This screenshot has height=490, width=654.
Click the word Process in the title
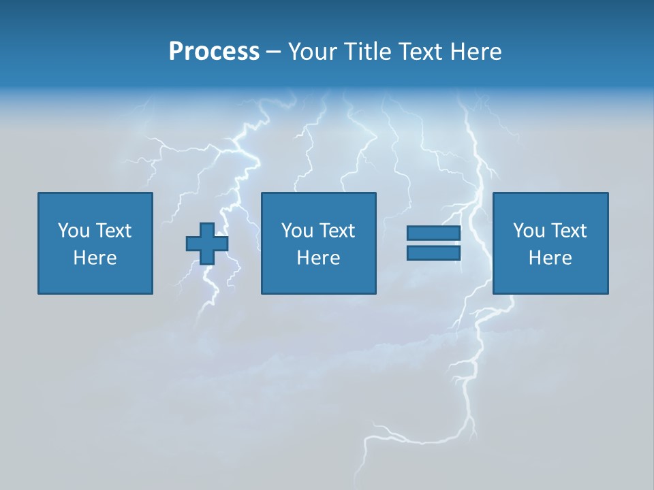click(214, 52)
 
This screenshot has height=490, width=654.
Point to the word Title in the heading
click(369, 52)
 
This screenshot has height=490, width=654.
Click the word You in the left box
click(73, 231)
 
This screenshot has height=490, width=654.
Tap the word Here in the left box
click(95, 258)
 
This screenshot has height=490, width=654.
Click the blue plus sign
click(207, 244)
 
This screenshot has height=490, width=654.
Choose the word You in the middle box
click(296, 231)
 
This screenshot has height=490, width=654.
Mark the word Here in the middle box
click(318, 258)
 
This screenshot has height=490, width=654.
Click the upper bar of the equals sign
click(433, 233)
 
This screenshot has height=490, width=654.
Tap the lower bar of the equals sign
click(433, 253)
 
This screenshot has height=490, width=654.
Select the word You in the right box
click(528, 231)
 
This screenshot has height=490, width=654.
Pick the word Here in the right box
click(550, 258)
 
